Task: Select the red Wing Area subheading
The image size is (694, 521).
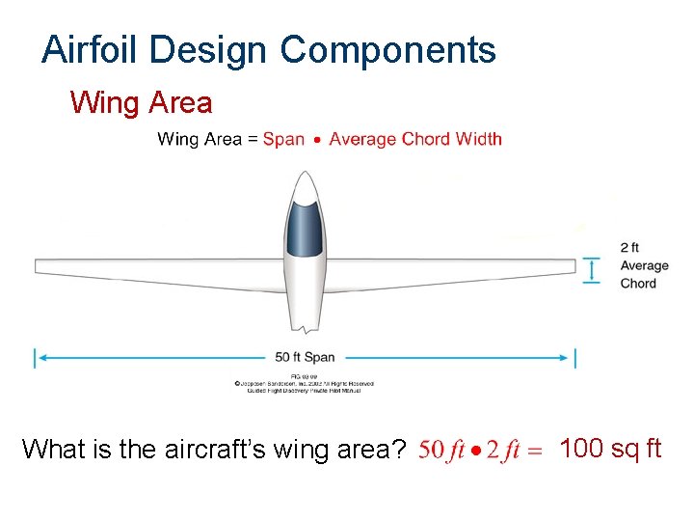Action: pyautogui.click(x=141, y=101)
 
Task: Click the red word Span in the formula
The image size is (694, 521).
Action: pyautogui.click(x=283, y=139)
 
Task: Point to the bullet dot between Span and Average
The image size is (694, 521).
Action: pyautogui.click(x=317, y=140)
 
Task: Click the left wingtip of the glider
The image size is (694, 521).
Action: pyautogui.click(x=39, y=265)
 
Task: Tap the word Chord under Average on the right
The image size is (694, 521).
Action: pyautogui.click(x=638, y=284)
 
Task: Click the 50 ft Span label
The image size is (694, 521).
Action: pyautogui.click(x=306, y=358)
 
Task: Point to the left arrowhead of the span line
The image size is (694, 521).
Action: pyautogui.click(x=39, y=358)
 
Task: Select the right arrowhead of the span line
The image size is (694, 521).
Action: pyautogui.click(x=572, y=358)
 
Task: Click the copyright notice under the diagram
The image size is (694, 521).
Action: pyautogui.click(x=305, y=383)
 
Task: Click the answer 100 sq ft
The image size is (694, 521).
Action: pyautogui.click(x=610, y=449)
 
